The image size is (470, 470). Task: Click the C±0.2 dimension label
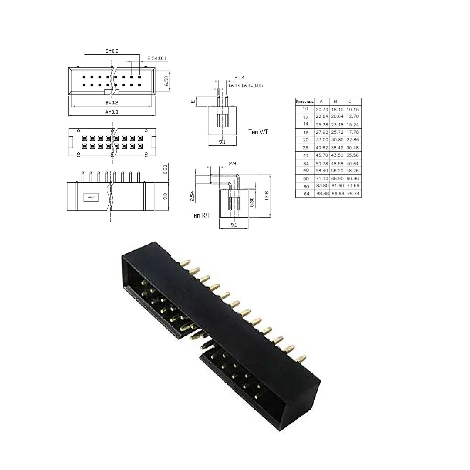click(x=112, y=51)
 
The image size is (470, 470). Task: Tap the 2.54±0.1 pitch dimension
click(x=157, y=59)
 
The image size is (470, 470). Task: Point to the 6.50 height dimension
click(x=166, y=81)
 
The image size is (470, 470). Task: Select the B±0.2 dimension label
click(x=112, y=102)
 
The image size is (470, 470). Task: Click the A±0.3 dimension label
click(x=112, y=112)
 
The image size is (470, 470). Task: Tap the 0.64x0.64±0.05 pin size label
click(x=245, y=85)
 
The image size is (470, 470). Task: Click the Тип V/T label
click(x=258, y=132)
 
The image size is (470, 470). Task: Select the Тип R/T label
click(x=201, y=215)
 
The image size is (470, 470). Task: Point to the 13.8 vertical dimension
click(x=267, y=196)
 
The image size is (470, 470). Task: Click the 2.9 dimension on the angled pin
click(x=232, y=164)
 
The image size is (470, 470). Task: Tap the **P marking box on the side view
click(x=91, y=197)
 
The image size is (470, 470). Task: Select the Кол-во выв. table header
click(x=305, y=102)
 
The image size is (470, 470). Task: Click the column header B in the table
click(x=335, y=101)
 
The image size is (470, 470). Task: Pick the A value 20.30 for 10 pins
click(x=322, y=110)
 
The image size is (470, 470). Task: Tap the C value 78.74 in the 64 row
click(x=353, y=193)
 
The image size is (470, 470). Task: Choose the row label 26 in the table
click(x=305, y=148)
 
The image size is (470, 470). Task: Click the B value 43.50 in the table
click(x=337, y=155)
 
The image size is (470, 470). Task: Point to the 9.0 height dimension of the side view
click(x=165, y=196)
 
